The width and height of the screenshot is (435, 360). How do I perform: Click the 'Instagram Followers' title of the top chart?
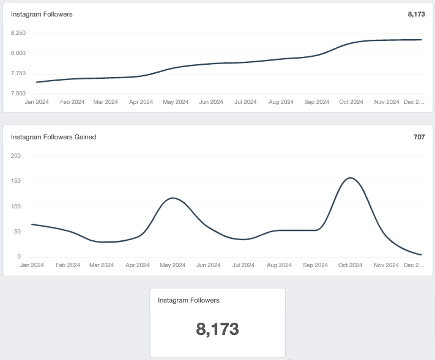(42, 14)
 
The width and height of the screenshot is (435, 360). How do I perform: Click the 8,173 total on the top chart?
(415, 14)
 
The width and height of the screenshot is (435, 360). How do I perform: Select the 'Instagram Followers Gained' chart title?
(53, 137)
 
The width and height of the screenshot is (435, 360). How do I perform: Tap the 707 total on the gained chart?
(419, 137)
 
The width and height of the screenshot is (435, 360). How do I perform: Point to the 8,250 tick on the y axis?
(18, 33)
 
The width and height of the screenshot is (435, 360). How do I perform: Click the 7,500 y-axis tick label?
(18, 94)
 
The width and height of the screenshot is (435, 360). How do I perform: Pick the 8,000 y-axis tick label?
(18, 53)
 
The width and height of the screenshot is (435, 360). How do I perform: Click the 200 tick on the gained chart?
(16, 156)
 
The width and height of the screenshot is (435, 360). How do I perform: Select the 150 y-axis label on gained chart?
(16, 181)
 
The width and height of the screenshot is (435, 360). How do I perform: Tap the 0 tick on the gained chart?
(19, 257)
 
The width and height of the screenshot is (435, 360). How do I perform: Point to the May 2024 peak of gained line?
(174, 198)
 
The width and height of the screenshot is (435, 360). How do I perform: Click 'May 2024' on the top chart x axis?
(176, 102)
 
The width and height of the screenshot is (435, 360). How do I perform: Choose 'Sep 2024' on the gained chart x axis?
(315, 265)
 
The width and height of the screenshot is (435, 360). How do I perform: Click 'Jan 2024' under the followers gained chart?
(32, 265)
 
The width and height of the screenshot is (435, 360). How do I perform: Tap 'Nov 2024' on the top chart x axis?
(387, 102)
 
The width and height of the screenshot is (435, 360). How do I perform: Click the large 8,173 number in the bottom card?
(217, 329)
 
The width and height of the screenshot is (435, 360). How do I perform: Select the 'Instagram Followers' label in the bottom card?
(188, 300)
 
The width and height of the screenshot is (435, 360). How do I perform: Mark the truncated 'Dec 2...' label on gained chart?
(414, 265)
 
